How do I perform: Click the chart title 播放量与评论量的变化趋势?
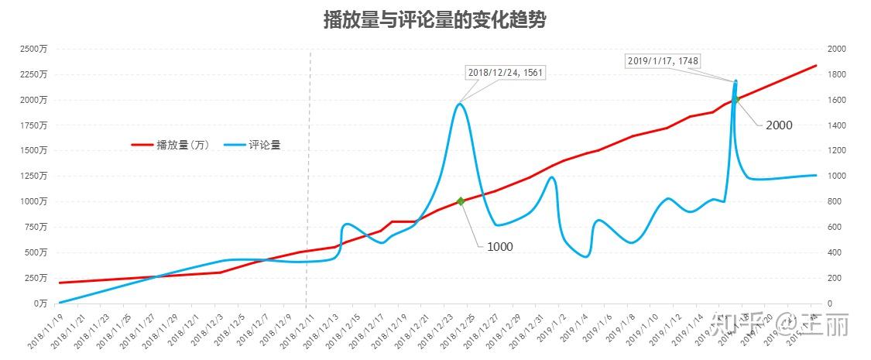pyautogui.click(x=434, y=21)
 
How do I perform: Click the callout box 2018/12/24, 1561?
pyautogui.click(x=506, y=73)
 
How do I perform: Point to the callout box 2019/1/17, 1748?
pyautogui.click(x=664, y=60)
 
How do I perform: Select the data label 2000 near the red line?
pyautogui.click(x=779, y=125)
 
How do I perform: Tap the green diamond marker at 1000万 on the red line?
pyautogui.click(x=461, y=201)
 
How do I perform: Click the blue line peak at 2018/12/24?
pyautogui.click(x=461, y=104)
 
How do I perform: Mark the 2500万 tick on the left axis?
pyautogui.click(x=33, y=49)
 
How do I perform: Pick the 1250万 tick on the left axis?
pyautogui.click(x=33, y=176)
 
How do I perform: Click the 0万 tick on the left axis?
pyautogui.click(x=39, y=303)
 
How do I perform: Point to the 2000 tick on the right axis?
pyautogui.click(x=837, y=49)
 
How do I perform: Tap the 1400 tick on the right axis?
pyautogui.click(x=837, y=125)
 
